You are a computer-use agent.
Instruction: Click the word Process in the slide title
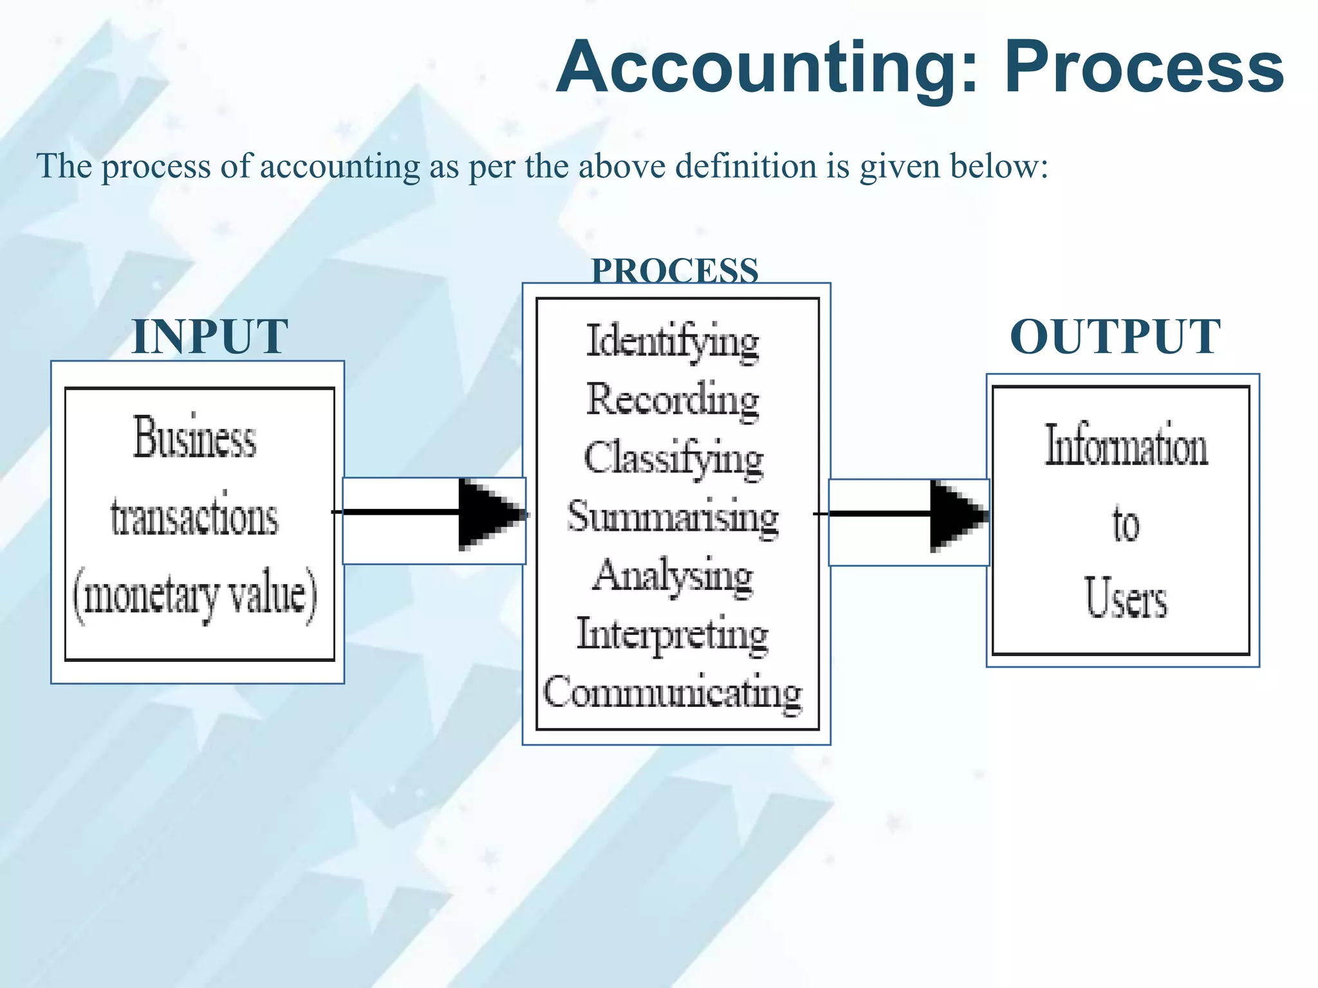click(x=1144, y=68)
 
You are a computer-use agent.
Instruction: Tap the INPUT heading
click(x=210, y=336)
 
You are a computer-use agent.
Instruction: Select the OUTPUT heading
click(x=1115, y=336)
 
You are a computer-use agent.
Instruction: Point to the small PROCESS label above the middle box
click(x=675, y=270)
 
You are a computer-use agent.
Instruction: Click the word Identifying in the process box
click(x=673, y=342)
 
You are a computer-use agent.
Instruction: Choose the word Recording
click(x=673, y=399)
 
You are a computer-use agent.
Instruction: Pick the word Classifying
click(x=673, y=458)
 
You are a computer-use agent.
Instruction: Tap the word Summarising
click(x=673, y=517)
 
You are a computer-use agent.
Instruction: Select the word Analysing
click(x=673, y=576)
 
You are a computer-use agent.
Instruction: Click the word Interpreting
click(x=673, y=634)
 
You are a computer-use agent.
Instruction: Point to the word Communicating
click(x=673, y=693)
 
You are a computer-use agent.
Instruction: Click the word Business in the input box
click(x=195, y=437)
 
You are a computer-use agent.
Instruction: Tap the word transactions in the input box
click(x=194, y=517)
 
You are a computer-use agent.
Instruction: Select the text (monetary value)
click(x=195, y=595)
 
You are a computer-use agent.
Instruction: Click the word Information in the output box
click(x=1126, y=445)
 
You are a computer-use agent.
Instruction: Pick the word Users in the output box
click(x=1126, y=598)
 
